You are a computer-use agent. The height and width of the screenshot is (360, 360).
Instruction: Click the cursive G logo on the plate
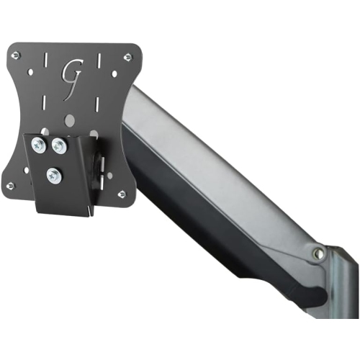pyautogui.click(x=71, y=72)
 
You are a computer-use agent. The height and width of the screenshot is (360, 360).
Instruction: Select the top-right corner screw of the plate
pyautogui.click(x=127, y=57)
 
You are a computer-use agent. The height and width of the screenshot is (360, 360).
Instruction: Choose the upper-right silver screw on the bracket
pyautogui.click(x=58, y=146)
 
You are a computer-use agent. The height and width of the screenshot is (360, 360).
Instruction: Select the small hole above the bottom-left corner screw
pyautogui.click(x=27, y=170)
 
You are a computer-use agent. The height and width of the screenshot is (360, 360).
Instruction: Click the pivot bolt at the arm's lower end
pyautogui.click(x=317, y=253)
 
